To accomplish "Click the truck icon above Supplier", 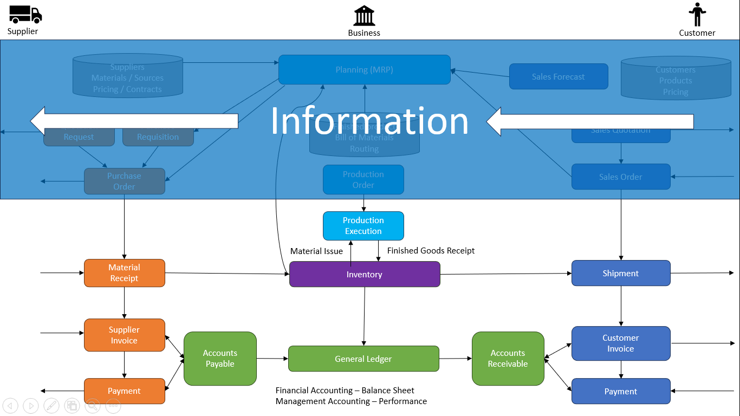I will (25, 14).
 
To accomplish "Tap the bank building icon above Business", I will (364, 16).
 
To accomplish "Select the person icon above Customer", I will (697, 15).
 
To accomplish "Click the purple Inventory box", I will (365, 274).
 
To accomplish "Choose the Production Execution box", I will (363, 226).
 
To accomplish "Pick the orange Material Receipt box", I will (125, 273).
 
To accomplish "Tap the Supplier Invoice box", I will (125, 335).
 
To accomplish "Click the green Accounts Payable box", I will (220, 359).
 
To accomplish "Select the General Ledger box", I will (363, 359).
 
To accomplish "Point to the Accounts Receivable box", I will (508, 359).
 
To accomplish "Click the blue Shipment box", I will (621, 273).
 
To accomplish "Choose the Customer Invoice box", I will (621, 343).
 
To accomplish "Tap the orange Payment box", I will (125, 391).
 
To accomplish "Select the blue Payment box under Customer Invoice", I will (621, 391).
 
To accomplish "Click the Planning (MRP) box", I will (364, 69).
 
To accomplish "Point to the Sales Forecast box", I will (559, 76).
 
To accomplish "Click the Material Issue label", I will (316, 251).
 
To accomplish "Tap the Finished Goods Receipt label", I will (431, 250).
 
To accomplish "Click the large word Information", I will (369, 121).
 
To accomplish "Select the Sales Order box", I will (621, 177).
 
